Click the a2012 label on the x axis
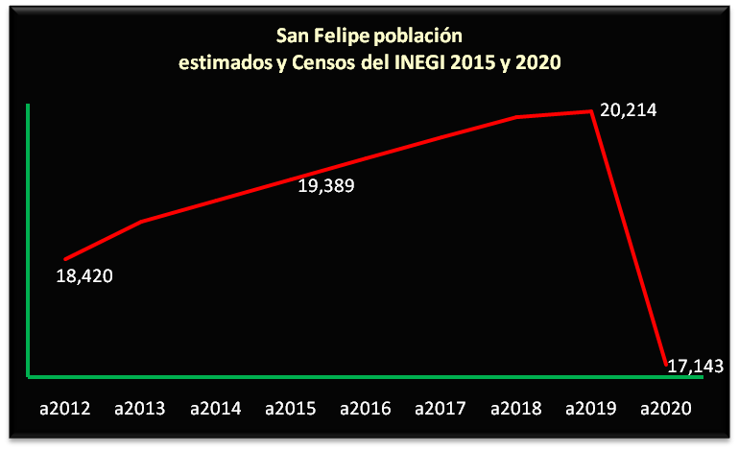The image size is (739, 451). click(x=65, y=409)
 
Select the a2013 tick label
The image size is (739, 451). click(x=140, y=409)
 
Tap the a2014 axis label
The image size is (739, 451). click(x=216, y=409)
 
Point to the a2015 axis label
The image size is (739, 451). click(x=291, y=409)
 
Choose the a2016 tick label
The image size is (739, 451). click(x=366, y=409)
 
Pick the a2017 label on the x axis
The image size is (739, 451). click(x=441, y=409)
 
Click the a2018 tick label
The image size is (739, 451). click(x=515, y=409)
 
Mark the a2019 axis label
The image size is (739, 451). click(x=590, y=409)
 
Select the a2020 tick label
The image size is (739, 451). click(x=665, y=409)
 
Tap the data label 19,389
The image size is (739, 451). click(x=326, y=186)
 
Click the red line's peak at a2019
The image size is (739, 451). click(x=591, y=111)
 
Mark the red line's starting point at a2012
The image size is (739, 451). click(x=65, y=259)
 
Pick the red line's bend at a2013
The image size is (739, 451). click(x=141, y=222)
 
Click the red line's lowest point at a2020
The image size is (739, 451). click(x=665, y=364)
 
